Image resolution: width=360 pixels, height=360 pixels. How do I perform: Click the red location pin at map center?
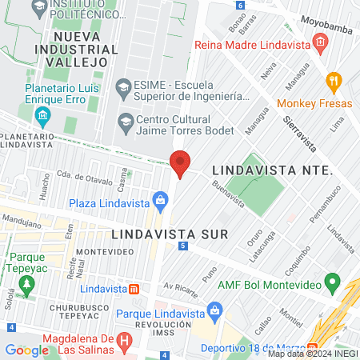click(180, 163)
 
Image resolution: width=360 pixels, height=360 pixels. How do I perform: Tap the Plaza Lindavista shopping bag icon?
click(161, 198)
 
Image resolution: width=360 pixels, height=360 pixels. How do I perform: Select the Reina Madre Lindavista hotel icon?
click(320, 42)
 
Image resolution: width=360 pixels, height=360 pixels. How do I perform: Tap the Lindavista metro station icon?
click(135, 288)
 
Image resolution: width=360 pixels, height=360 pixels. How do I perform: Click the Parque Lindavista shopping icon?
click(214, 309)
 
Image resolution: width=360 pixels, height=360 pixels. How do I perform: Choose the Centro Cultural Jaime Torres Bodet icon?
click(124, 122)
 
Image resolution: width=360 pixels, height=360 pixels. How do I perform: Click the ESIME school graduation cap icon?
click(123, 86)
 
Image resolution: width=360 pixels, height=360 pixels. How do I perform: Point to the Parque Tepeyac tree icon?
click(26, 283)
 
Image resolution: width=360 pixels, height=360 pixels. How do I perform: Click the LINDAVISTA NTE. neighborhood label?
click(271, 170)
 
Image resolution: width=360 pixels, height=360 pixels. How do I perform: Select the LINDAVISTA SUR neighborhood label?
click(170, 234)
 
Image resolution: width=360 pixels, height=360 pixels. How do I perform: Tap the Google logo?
click(26, 350)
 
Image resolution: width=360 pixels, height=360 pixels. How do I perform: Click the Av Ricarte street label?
click(180, 286)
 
